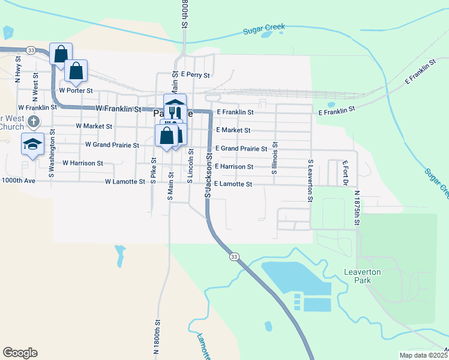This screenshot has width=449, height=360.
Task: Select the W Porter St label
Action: [76, 91]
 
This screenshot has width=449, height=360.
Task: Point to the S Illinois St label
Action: [275, 158]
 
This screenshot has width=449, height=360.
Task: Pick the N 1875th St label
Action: [357, 209]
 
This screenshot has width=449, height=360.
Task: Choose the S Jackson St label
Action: [208, 174]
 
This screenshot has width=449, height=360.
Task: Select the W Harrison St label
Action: [83, 163]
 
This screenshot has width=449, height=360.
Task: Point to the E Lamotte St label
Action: [233, 184]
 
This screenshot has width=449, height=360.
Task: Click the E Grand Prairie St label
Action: [241, 149]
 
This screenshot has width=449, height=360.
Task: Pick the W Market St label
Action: [94, 127]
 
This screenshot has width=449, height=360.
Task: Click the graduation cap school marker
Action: [33, 143]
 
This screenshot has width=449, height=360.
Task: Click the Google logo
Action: [20, 353]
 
